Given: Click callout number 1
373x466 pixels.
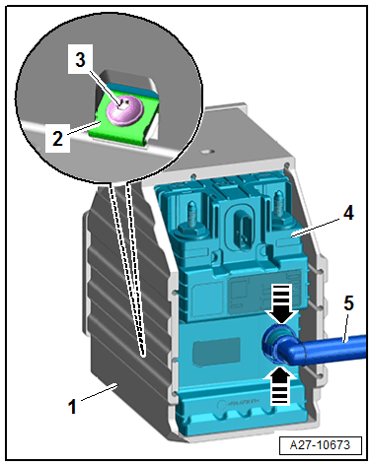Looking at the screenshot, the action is click(72, 406).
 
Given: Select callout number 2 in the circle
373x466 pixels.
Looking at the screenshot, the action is click(57, 138).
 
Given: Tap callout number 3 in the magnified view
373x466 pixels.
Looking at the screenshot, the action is click(80, 60).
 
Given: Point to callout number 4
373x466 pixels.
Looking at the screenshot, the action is click(348, 213).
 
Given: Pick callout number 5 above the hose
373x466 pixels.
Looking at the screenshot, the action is click(348, 302).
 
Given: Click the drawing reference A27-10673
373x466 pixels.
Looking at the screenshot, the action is click(320, 445).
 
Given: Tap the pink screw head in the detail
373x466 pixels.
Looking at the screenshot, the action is click(125, 110).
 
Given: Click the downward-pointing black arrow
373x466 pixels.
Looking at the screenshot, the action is click(282, 303).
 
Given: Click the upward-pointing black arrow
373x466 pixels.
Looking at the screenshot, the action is click(280, 385).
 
